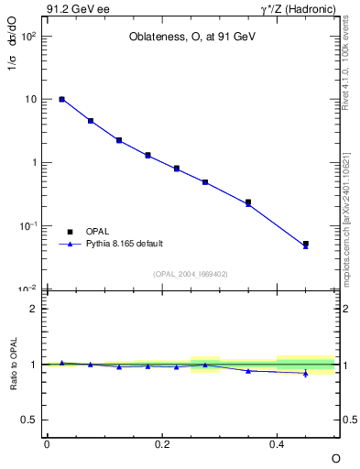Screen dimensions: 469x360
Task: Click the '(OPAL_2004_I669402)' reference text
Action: (191, 273)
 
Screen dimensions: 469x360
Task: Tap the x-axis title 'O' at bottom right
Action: (335, 457)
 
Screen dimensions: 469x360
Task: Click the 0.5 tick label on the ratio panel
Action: (29, 420)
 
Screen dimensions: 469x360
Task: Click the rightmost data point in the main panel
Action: (306, 245)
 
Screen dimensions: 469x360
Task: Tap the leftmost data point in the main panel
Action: (61, 99)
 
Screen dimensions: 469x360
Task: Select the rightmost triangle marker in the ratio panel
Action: (306, 373)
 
